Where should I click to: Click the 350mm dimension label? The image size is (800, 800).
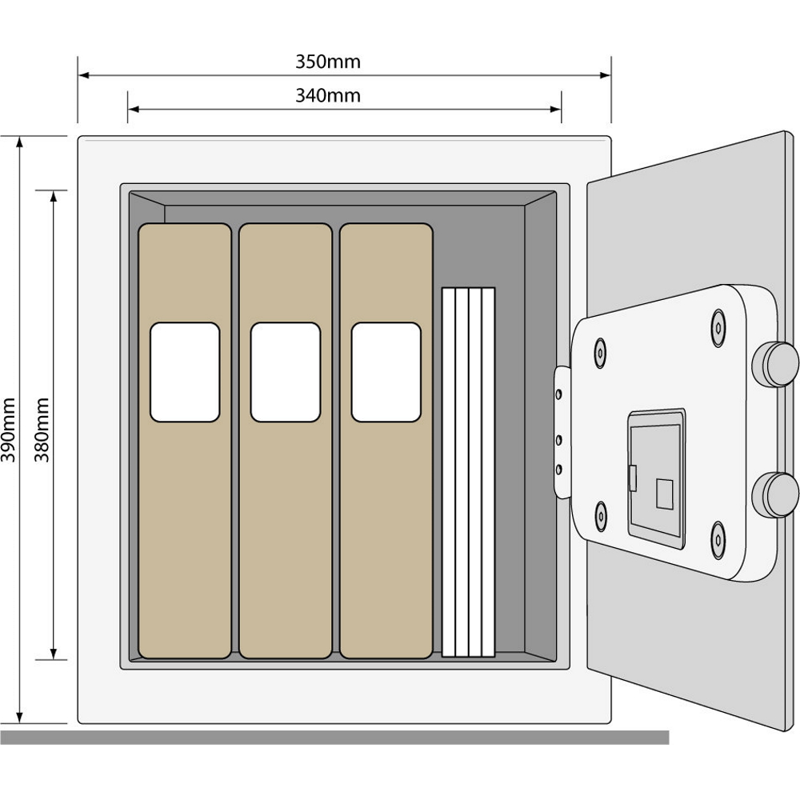pos(328,62)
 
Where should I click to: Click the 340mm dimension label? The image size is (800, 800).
pos(328,95)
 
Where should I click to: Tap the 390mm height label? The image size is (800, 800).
pos(8,430)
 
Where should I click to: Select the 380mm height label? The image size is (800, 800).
pos(42,430)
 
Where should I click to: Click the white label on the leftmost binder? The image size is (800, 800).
pos(185,372)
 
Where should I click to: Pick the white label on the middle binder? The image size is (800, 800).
pos(286,372)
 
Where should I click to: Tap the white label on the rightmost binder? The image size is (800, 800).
pos(386,372)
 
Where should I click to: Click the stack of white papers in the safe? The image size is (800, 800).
pos(468,472)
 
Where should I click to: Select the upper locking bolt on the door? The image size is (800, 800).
pos(775,364)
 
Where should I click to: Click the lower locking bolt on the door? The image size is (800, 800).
pos(775,494)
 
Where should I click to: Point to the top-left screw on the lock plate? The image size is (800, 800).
pos(600,353)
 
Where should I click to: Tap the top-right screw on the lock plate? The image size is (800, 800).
pos(718,328)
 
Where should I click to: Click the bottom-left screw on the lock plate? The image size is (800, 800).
pos(601,516)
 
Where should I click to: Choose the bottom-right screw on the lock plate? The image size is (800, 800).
pos(718,541)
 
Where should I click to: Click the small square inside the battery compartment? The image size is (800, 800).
pos(664,494)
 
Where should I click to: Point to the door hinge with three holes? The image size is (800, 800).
pos(562,432)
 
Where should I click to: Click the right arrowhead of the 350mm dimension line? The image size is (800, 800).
pos(605,75)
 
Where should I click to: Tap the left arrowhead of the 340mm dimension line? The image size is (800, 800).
pos(134,109)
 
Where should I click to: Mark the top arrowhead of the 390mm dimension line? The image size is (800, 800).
pos(19,142)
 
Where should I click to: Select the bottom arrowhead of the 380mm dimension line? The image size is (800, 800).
pos(54,654)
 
